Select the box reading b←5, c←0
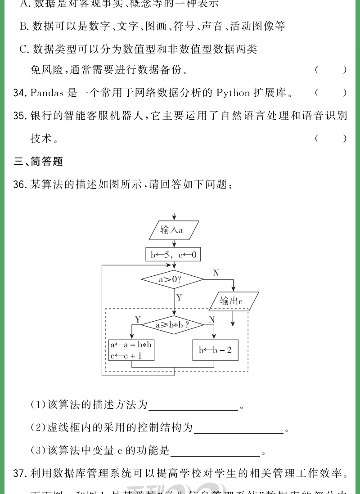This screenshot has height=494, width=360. click(173, 255)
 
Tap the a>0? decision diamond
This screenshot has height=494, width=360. click(172, 279)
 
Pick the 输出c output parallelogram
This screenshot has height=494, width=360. click(234, 301)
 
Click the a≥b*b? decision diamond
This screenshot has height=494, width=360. click(172, 324)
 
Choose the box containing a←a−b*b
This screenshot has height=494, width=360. click(131, 350)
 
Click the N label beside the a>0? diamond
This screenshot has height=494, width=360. click(216, 273)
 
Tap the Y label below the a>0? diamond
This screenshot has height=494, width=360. click(179, 297)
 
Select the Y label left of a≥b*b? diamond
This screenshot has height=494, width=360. click(138, 319)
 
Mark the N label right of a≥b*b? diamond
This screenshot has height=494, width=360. click(211, 319)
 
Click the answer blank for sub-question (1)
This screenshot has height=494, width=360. click(193, 405)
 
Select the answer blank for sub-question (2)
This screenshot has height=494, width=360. click(238, 428)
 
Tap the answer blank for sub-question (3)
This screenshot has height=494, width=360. click(216, 450)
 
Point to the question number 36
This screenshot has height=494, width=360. click(21, 184)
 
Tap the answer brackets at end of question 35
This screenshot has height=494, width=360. click(331, 139)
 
